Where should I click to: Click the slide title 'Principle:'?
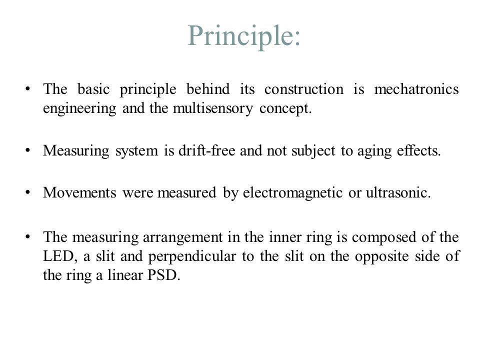[243, 36]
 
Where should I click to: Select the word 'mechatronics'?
[416, 89]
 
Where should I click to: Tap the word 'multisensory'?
[213, 109]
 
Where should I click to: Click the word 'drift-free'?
[207, 150]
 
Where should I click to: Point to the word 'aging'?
[374, 151]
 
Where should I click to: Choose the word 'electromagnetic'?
[292, 193]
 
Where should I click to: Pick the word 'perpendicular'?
[192, 257]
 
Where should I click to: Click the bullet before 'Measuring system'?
[28, 150]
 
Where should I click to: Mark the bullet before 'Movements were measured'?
[28, 192]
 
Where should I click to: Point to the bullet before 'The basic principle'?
[28, 89]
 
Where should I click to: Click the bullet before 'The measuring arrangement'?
[28, 237]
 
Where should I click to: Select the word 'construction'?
[304, 89]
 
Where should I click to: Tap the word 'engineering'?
[79, 109]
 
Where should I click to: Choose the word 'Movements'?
[79, 192]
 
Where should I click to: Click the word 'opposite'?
[381, 257]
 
